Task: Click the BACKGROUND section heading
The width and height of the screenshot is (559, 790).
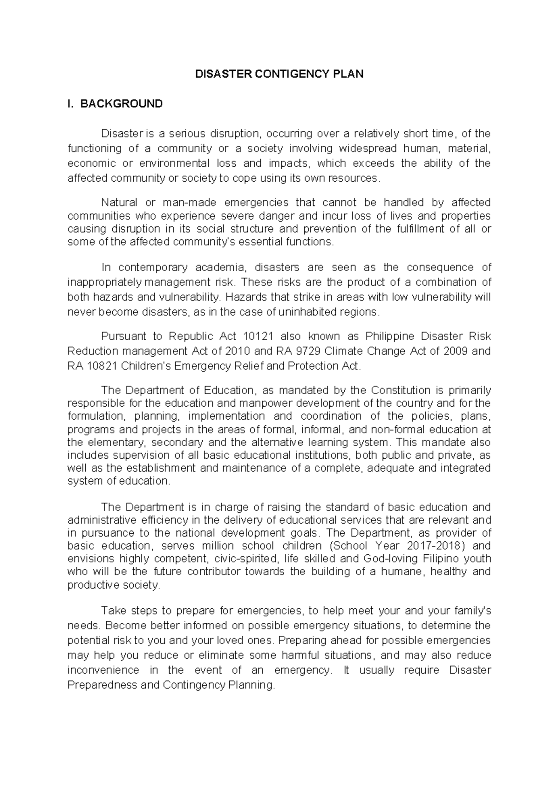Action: click(x=122, y=104)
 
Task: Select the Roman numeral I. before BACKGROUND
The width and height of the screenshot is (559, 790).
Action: click(x=71, y=104)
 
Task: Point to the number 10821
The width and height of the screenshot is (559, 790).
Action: click(x=101, y=366)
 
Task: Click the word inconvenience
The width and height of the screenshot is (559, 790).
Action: click(x=103, y=670)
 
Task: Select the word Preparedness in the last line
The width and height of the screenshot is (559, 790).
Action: click(x=102, y=685)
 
